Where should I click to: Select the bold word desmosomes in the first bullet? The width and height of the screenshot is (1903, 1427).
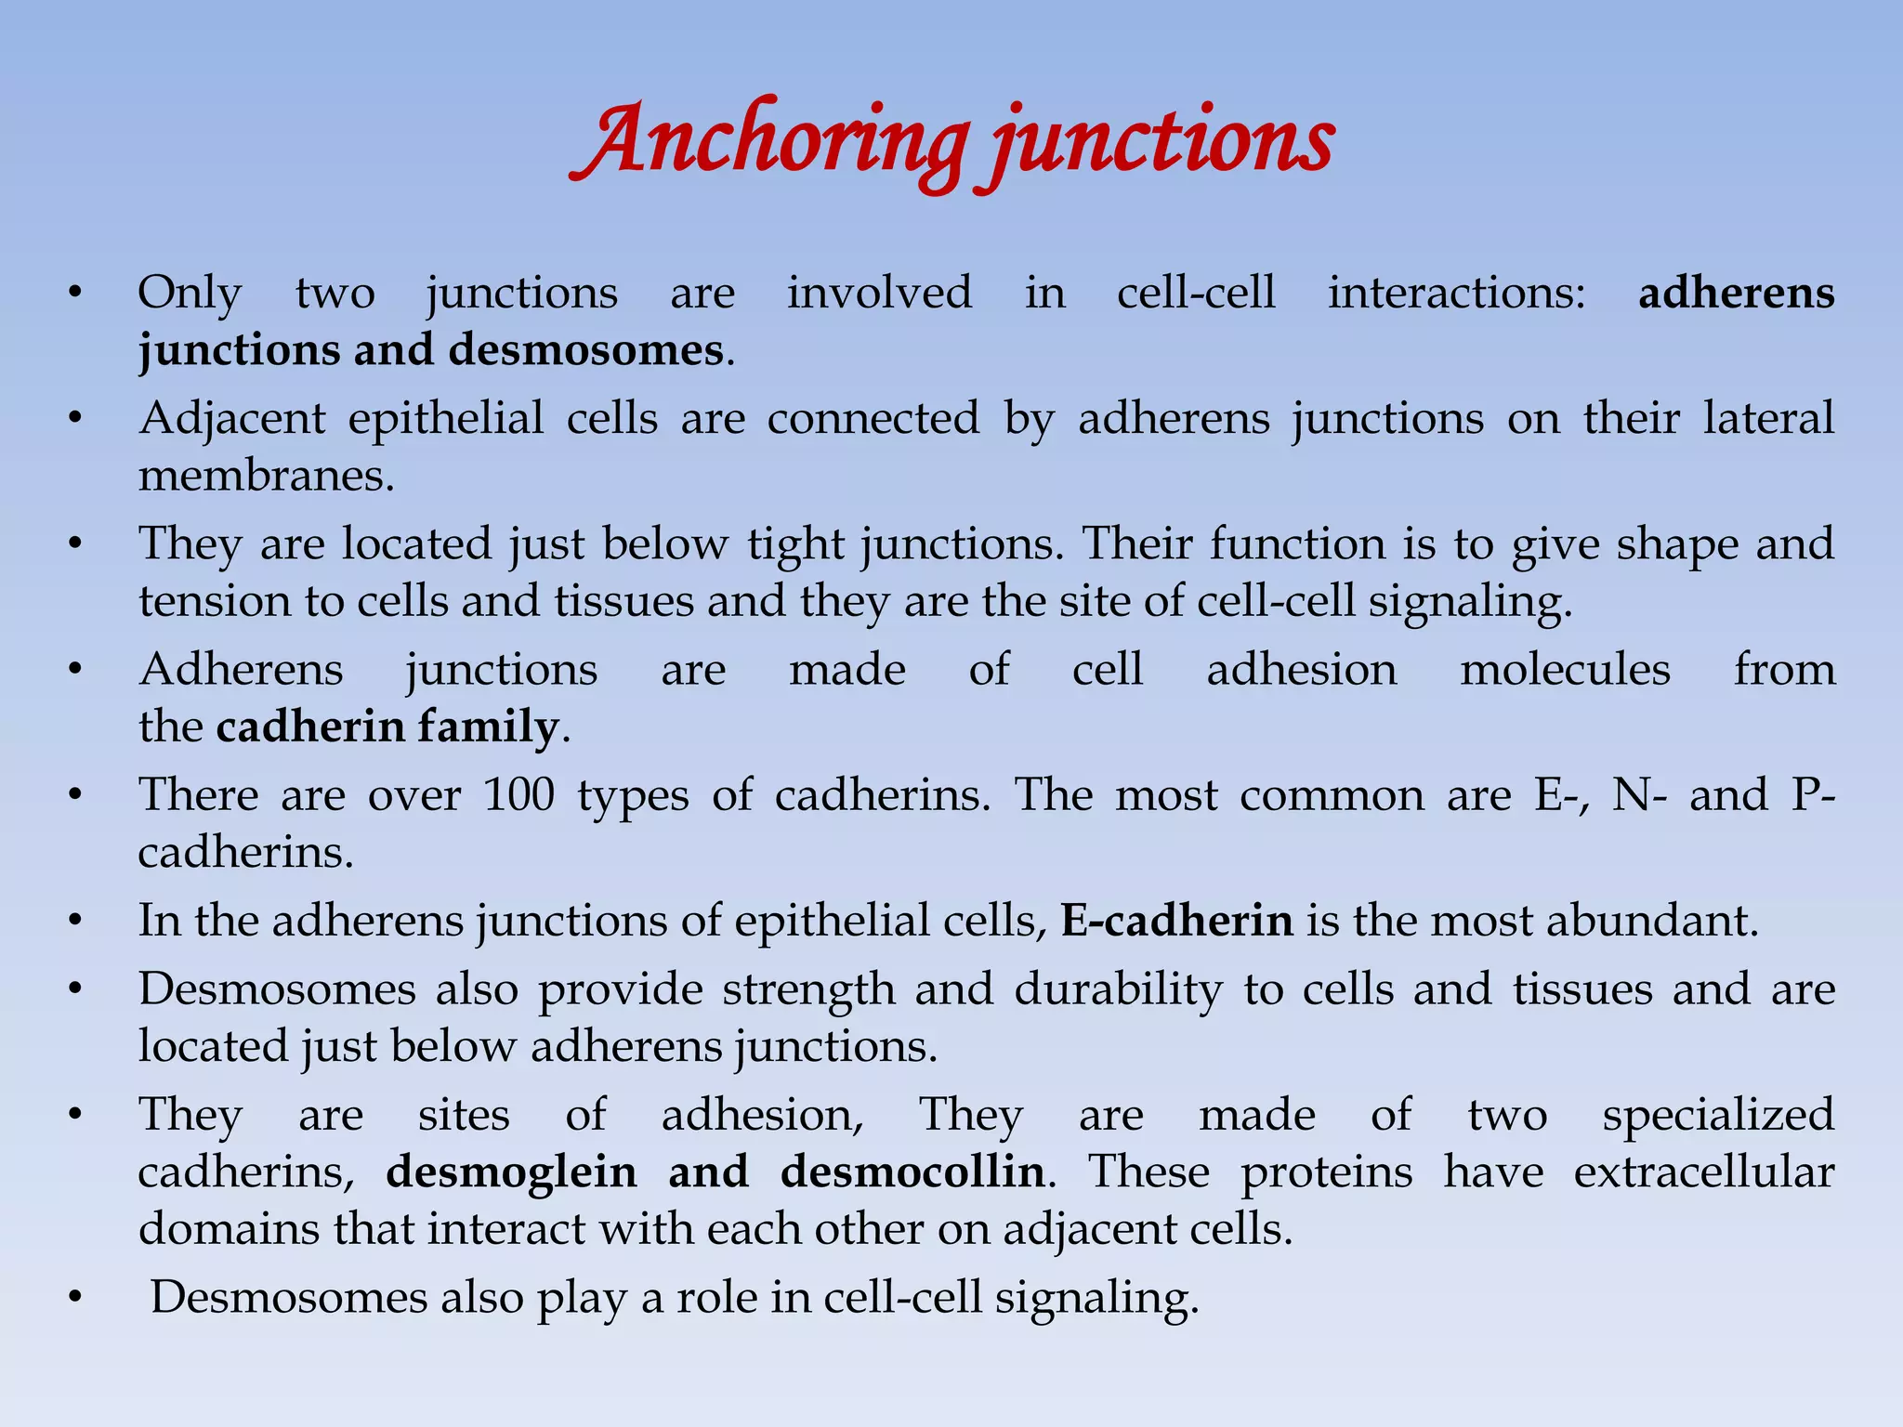(585, 351)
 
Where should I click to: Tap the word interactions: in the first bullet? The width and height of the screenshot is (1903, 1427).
(1456, 294)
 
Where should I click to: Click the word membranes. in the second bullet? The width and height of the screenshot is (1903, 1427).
(267, 477)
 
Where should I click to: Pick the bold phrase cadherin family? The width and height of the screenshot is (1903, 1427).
(387, 727)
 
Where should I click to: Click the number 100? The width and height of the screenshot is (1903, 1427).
(518, 795)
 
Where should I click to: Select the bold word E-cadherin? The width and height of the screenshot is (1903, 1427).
(1176, 921)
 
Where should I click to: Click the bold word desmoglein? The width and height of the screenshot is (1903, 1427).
(511, 1172)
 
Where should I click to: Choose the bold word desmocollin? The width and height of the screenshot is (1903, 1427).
(912, 1172)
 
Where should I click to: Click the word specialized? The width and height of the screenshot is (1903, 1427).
(1718, 1115)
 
